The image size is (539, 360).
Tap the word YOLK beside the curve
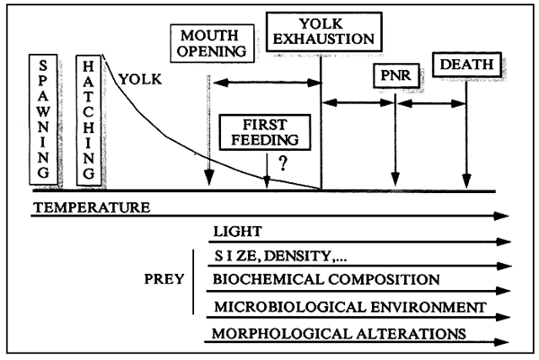(x=136, y=79)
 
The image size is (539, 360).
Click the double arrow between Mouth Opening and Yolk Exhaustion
(x=265, y=83)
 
